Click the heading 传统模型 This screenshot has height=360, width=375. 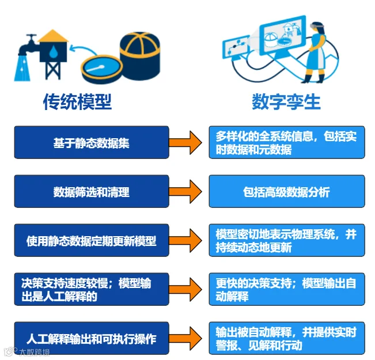[x=78, y=101]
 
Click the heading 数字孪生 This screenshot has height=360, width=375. [x=286, y=101]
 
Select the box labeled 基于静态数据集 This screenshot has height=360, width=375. [x=92, y=142]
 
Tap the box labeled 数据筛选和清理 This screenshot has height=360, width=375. [x=92, y=191]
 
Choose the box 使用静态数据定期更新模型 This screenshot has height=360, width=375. [x=92, y=240]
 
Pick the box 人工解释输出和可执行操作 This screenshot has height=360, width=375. [x=92, y=338]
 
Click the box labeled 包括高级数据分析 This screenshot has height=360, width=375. [x=287, y=191]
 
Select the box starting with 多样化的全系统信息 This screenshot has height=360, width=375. [x=287, y=142]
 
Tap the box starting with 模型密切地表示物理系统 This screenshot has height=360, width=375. [x=287, y=240]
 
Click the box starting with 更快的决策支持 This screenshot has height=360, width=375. [x=287, y=289]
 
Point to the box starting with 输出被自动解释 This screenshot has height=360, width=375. [x=287, y=338]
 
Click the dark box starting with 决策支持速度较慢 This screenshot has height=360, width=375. [x=92, y=289]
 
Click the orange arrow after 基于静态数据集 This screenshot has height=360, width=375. [x=185, y=143]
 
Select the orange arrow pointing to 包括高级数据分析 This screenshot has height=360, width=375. [x=185, y=192]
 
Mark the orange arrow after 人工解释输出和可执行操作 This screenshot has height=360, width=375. [x=185, y=339]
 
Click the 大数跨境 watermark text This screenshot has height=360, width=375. [x=34, y=352]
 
